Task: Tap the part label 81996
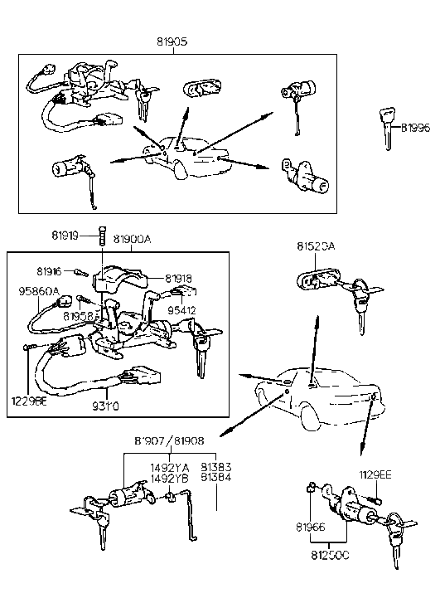[415, 128]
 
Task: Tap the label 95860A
[39, 292]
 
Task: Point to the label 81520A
[316, 246]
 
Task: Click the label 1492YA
[171, 468]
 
